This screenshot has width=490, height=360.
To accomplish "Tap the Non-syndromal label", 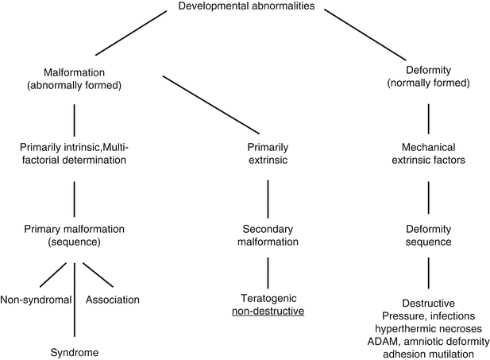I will tap(37, 300).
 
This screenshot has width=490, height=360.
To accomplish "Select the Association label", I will tap(114, 300).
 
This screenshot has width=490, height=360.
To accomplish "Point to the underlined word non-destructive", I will tap(268, 312).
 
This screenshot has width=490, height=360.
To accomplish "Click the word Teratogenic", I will tap(268, 300).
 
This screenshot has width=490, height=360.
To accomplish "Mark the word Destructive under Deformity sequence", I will tap(429, 304).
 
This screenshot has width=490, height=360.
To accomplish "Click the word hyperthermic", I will tap(399, 327).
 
